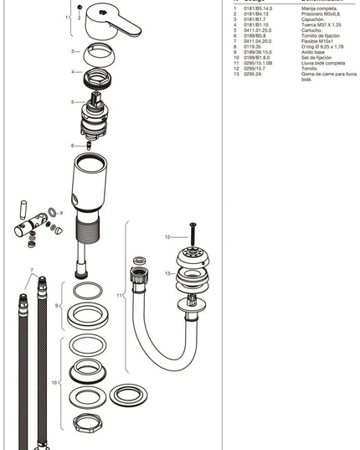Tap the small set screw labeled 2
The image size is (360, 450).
coord(79,9)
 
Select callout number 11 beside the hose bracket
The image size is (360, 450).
coord(121,295)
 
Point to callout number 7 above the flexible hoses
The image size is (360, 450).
coord(32,271)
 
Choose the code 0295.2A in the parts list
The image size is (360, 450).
coord(253,75)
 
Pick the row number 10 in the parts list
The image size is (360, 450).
coord(236,56)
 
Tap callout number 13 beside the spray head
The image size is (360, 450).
coord(167,273)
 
